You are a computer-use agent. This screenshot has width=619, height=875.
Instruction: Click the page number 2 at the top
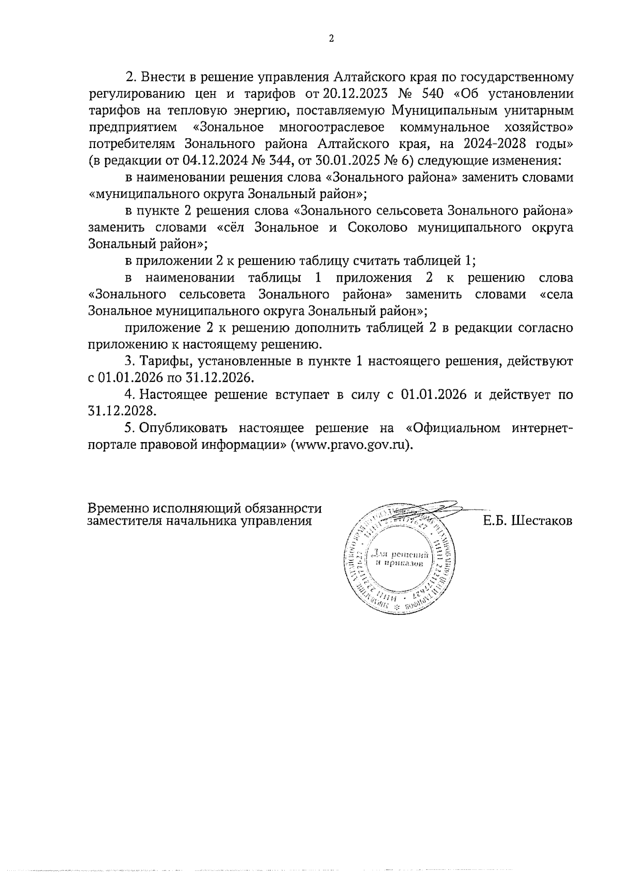(331, 39)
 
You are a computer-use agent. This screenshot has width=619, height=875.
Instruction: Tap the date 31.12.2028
(121, 412)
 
